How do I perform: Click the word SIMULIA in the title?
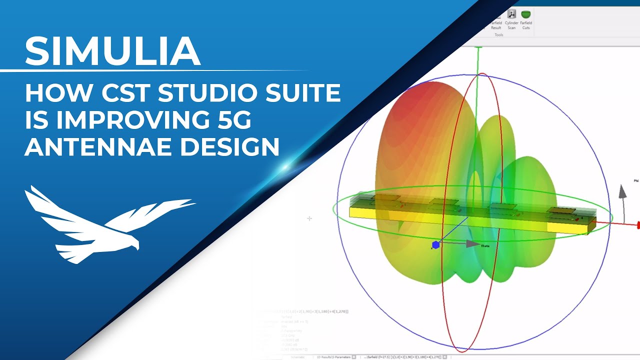coord(112,51)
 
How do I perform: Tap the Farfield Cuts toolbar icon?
coord(525,14)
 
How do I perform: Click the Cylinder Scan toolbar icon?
coord(511,14)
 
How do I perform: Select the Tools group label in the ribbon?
coord(498,35)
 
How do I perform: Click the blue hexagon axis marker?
coord(436,245)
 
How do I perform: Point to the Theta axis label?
coord(484,246)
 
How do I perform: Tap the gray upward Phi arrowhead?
coord(622,190)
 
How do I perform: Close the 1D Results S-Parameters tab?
coord(353,357)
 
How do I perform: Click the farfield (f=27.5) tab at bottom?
coord(400,357)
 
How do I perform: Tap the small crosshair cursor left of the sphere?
coord(309,218)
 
